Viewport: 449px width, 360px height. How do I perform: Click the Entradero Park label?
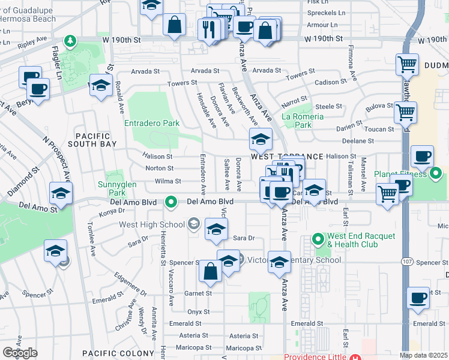(x=152, y=123)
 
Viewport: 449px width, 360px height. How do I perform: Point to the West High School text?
(x=152, y=225)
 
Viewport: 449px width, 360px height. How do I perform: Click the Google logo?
(x=20, y=353)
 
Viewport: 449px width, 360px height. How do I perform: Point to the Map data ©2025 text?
(x=423, y=355)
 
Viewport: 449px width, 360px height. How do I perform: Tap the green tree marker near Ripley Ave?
(x=71, y=40)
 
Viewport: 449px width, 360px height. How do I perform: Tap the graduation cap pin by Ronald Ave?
(x=101, y=85)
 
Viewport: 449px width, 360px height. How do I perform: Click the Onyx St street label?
(x=198, y=311)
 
